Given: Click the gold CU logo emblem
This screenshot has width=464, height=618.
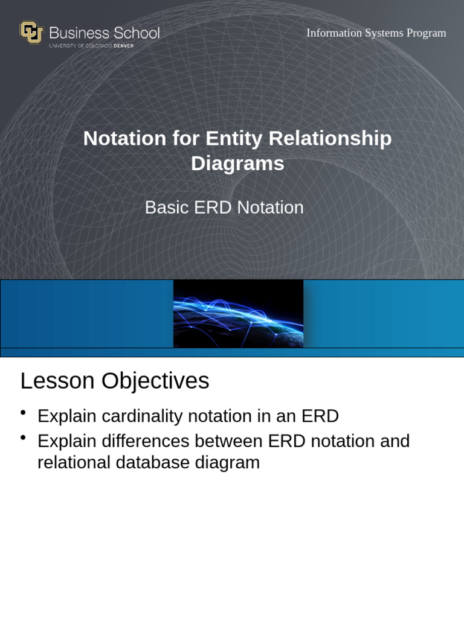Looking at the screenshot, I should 31,33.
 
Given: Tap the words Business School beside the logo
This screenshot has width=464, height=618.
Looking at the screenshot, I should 104,33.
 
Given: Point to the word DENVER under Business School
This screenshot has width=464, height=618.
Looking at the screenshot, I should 124,46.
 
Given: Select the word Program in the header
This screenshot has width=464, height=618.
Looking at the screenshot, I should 426,33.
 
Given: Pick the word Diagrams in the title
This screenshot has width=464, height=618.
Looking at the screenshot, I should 237,164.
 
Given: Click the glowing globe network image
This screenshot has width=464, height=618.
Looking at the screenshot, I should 238,313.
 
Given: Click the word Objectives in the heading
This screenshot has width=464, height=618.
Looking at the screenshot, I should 155,381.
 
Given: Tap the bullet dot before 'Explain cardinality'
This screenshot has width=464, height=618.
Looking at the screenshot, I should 23,412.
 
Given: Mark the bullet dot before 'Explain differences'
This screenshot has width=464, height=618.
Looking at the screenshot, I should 23,437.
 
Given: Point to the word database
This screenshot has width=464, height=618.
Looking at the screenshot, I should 152,463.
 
